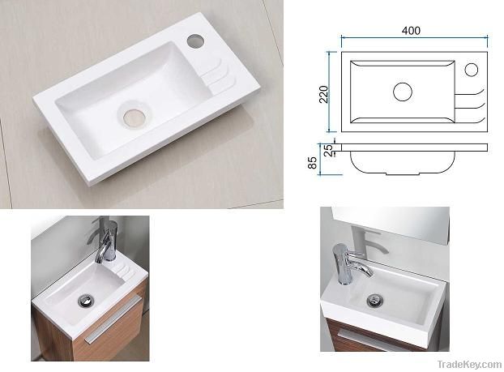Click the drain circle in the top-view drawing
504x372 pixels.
[403, 91]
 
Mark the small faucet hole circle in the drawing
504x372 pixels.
[471, 69]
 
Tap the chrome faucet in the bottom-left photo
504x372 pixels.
[107, 242]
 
